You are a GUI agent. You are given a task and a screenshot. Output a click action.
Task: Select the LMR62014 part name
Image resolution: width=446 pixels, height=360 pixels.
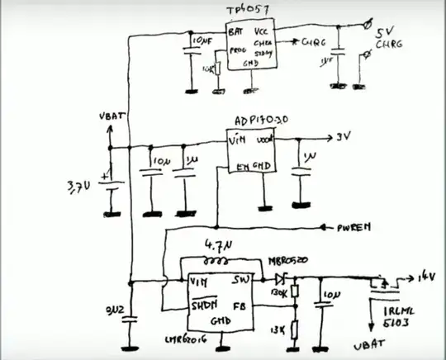[196, 339]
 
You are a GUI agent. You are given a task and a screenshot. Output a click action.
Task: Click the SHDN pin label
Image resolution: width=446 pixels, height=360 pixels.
[202, 305]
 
